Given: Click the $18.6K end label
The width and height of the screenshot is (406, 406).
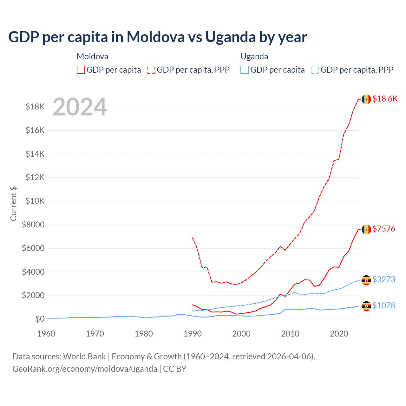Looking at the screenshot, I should pyautogui.click(x=385, y=99).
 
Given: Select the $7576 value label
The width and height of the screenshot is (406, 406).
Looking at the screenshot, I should pyautogui.click(x=383, y=229).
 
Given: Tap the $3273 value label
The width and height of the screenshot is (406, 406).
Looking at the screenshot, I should pyautogui.click(x=383, y=279).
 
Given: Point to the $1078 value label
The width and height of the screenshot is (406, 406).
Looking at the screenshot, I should pyautogui.click(x=383, y=305).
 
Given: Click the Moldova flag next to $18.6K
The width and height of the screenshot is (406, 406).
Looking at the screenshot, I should pyautogui.click(x=366, y=99).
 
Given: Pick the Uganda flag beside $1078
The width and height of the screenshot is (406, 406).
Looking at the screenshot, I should pyautogui.click(x=366, y=306).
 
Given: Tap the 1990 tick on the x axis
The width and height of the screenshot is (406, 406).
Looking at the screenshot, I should pyautogui.click(x=193, y=334).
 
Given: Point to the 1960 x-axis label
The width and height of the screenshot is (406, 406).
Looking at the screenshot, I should pyautogui.click(x=46, y=334).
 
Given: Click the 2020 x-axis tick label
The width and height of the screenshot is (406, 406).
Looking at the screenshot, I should pyautogui.click(x=339, y=334).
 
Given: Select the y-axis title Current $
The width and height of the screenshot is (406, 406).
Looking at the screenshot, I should pyautogui.click(x=13, y=203).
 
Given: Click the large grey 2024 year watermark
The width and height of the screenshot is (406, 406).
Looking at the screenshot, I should pyautogui.click(x=80, y=107).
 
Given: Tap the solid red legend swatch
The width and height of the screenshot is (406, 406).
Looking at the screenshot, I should pyautogui.click(x=81, y=70).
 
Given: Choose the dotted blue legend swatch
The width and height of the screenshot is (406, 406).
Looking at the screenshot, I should pyautogui.click(x=315, y=70).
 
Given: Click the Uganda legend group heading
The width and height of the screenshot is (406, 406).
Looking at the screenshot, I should pyautogui.click(x=254, y=56).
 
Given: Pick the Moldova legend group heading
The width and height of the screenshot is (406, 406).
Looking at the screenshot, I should pyautogui.click(x=92, y=56).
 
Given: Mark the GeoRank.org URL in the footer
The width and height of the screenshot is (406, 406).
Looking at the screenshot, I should pyautogui.click(x=85, y=369).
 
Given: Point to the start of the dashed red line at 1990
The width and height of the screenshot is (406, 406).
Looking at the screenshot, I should pyautogui.click(x=193, y=238).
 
